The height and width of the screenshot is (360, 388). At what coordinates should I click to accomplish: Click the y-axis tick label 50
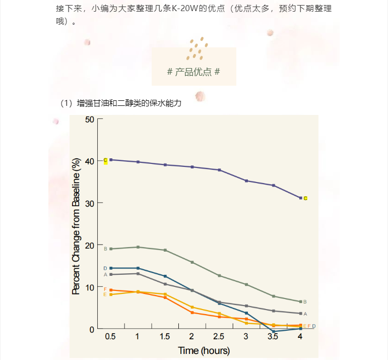point(90,119)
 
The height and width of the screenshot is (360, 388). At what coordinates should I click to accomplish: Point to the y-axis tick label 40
point(90,161)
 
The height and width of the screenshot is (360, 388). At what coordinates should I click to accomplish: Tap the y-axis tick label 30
point(90,203)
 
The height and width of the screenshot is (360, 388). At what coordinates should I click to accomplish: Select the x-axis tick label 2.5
point(219,337)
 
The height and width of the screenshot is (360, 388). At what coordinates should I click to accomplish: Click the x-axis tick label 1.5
point(164,337)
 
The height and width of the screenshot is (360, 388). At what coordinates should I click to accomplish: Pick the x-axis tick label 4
point(300,337)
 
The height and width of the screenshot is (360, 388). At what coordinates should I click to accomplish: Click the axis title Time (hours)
point(204,350)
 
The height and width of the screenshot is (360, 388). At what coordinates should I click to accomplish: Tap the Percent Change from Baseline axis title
point(77,226)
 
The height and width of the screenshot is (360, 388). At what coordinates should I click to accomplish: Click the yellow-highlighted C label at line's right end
point(305,198)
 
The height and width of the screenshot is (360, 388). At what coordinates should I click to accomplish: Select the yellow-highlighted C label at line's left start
point(105,160)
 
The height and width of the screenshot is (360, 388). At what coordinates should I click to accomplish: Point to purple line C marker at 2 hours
point(192,166)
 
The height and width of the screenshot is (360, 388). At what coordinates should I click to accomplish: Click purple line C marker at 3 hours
point(246,181)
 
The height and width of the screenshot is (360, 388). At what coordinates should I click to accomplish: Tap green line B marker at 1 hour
point(138,247)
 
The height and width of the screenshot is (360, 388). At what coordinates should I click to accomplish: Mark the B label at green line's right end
point(305,302)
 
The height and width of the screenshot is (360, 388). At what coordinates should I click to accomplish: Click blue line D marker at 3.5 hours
point(273,331)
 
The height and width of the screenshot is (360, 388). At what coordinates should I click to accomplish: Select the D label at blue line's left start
point(105,268)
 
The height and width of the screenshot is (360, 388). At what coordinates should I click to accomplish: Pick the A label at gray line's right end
point(305,314)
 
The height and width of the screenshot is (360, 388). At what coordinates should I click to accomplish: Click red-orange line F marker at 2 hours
point(192,313)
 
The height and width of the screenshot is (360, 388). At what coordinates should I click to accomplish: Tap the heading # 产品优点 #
point(193,72)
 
